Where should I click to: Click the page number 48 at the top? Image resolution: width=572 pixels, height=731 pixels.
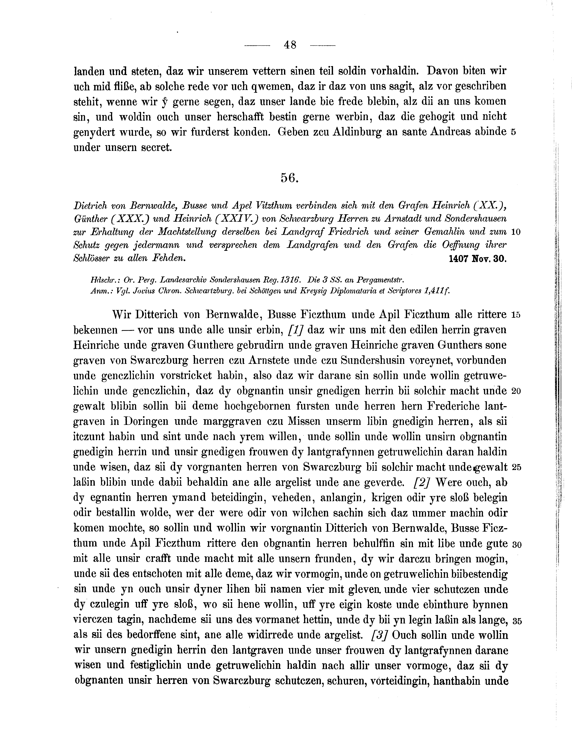(290, 45)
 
